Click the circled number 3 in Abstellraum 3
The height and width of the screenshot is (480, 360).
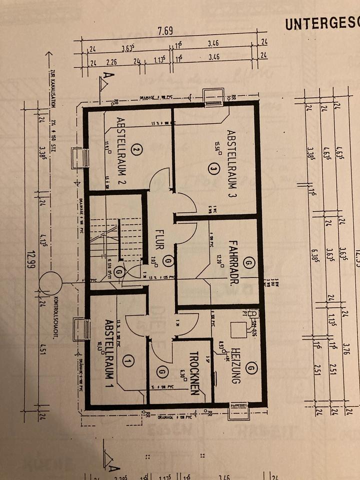pos(213,170)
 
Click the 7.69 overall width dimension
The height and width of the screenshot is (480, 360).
pos(165,31)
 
